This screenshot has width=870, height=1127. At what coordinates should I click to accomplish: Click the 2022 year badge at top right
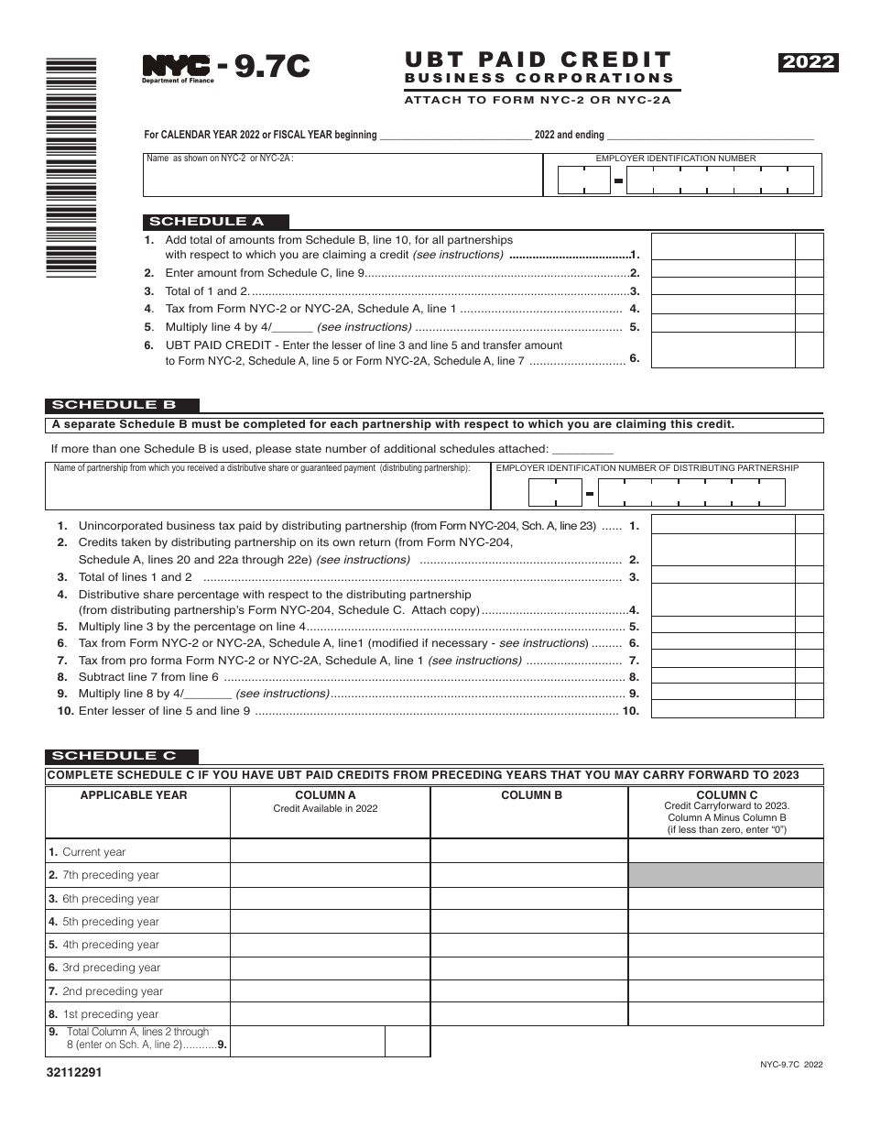(809, 62)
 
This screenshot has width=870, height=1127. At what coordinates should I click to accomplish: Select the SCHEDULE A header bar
(216, 221)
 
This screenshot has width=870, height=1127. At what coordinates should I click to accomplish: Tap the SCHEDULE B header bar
(121, 405)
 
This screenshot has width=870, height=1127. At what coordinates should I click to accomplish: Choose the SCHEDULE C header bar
(121, 756)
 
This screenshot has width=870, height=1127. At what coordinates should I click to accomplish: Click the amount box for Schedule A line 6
(723, 350)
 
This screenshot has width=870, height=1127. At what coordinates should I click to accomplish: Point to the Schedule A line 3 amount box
(723, 290)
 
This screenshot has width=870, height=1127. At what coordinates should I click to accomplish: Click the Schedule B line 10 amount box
(723, 710)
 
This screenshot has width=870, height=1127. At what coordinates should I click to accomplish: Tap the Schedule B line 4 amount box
(723, 601)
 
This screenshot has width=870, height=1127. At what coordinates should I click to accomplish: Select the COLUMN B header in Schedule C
(531, 795)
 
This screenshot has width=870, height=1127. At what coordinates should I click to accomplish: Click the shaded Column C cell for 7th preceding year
(725, 875)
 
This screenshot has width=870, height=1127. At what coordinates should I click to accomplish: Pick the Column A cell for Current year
(330, 852)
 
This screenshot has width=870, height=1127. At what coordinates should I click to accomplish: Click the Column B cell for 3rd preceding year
(529, 968)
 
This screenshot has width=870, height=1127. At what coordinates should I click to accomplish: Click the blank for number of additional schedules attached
(583, 449)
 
